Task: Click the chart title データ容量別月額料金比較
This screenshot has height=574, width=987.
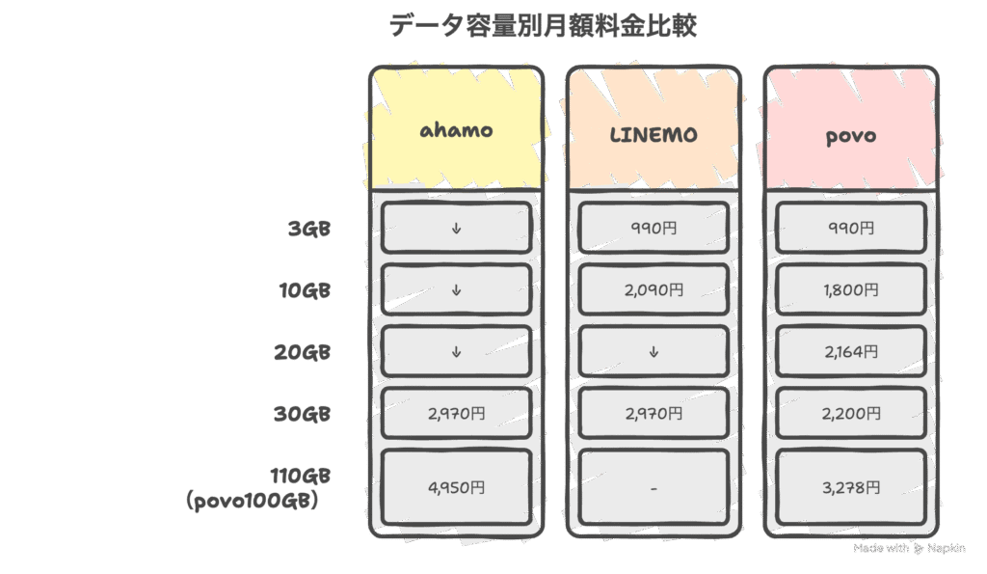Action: pos(543,26)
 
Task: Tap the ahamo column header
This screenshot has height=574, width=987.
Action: pos(456,130)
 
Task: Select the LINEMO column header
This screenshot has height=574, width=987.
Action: pos(654,134)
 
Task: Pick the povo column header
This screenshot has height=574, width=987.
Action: pos(851,136)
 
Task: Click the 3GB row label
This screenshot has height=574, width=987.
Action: pos(309,228)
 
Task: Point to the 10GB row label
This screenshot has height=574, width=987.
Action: pos(305,289)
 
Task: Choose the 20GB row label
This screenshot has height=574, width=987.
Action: pos(302,351)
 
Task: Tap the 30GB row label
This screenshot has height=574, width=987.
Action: pos(302,413)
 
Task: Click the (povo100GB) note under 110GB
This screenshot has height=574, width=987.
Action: pos(252,501)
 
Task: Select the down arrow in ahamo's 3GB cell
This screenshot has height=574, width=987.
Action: pos(456,229)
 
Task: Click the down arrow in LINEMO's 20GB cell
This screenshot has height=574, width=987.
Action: pos(654,351)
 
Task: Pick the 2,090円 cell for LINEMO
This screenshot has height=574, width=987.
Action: pos(654,289)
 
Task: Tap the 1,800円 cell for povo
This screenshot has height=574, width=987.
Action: pos(851,289)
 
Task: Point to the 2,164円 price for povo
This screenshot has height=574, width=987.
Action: pos(851,351)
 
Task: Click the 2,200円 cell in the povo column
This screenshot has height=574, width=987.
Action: pos(851,413)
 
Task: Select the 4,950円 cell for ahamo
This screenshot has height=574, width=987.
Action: pos(456,487)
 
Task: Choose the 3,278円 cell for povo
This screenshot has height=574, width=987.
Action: pos(851,487)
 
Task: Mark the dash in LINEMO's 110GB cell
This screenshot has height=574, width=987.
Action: pos(654,488)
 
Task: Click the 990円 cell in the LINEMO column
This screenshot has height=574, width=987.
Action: pos(654,228)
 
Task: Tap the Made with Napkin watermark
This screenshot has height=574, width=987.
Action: pos(909,548)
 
